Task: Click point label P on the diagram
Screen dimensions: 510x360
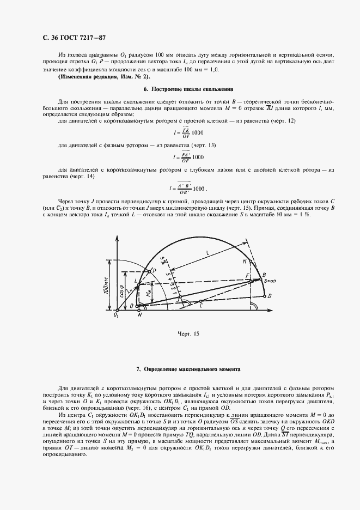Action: tap(154, 270)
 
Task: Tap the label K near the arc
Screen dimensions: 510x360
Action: tap(245, 262)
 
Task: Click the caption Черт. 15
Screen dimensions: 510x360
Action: tap(186, 333)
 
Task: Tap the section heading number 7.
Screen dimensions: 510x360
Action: tap(138, 369)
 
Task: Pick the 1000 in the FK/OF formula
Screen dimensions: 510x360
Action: tap(198, 132)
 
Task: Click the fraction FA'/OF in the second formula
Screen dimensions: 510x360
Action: tap(185, 157)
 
